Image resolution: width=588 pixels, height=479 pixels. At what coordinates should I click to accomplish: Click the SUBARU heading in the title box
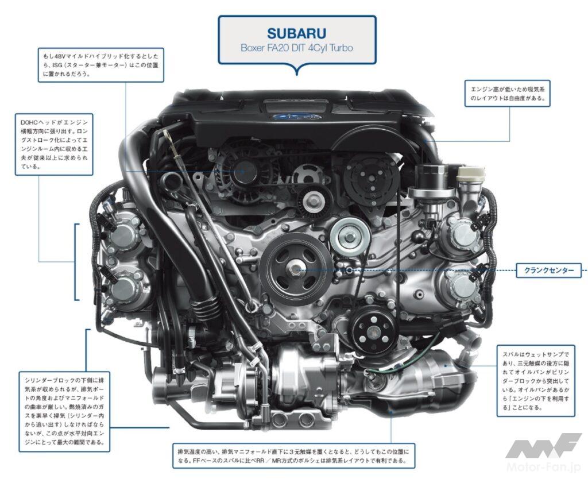(x=296, y=33)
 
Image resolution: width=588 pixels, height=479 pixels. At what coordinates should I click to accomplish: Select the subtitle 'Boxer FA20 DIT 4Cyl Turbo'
(x=297, y=48)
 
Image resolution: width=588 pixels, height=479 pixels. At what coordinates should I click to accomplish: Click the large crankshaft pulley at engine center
(x=295, y=269)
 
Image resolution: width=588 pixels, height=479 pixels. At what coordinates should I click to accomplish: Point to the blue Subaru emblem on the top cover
(x=297, y=116)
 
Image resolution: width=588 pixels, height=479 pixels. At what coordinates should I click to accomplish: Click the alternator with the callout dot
(x=242, y=171)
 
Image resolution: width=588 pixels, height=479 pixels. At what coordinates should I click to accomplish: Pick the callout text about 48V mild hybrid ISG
(x=101, y=65)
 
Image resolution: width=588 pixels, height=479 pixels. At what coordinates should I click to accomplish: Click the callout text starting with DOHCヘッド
(x=54, y=144)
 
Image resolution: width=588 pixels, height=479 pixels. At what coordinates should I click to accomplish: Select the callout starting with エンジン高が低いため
(x=508, y=94)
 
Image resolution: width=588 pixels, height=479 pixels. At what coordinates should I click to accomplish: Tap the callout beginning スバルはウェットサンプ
(x=536, y=381)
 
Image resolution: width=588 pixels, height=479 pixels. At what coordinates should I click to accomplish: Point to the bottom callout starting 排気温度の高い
(x=293, y=456)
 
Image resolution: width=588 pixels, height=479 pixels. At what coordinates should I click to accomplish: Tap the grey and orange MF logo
(x=543, y=446)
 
